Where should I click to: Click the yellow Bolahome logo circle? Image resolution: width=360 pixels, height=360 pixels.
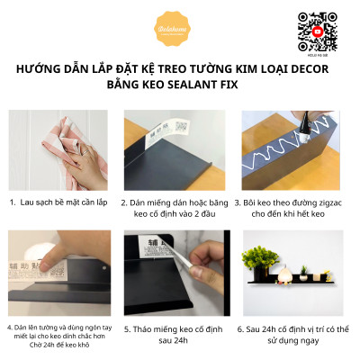pos(180,30)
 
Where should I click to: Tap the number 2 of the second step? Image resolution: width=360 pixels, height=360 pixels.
pos(127,203)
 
